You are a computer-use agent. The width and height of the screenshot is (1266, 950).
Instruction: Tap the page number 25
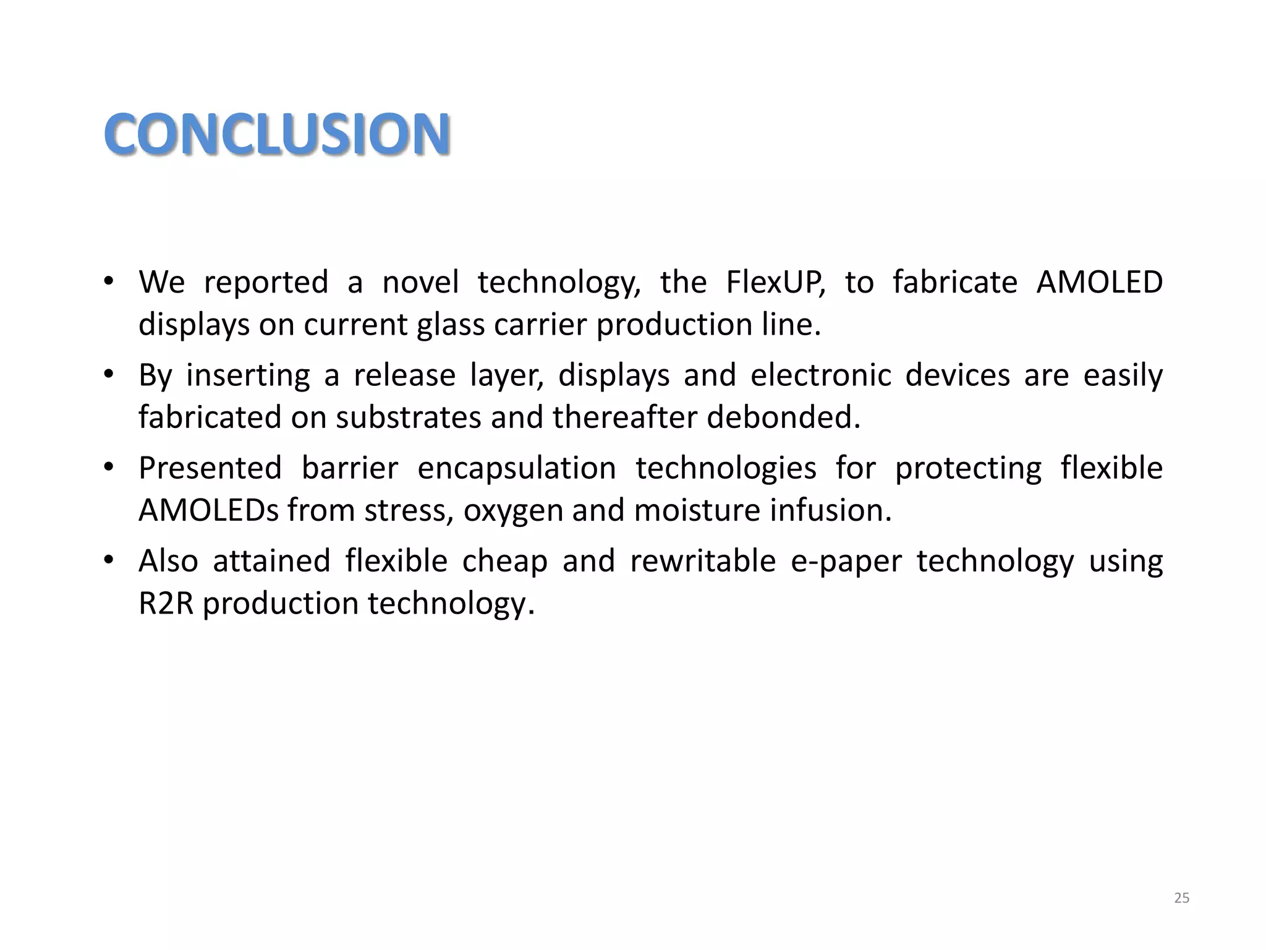click(x=1181, y=898)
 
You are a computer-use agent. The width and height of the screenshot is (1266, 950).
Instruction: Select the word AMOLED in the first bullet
click(x=1099, y=283)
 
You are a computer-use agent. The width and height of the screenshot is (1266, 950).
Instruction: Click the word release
click(x=404, y=375)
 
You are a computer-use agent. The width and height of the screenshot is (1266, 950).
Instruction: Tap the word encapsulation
click(x=517, y=468)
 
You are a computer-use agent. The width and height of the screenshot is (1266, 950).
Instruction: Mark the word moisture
click(x=697, y=510)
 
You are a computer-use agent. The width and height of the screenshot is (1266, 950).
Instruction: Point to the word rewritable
click(x=703, y=561)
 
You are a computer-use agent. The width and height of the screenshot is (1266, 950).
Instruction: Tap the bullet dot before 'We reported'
click(x=109, y=281)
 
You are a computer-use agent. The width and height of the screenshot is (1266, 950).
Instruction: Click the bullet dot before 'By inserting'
click(x=109, y=374)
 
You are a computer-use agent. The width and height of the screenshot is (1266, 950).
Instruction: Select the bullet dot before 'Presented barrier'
click(x=109, y=467)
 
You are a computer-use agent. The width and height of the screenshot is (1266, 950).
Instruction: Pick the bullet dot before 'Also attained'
click(x=109, y=560)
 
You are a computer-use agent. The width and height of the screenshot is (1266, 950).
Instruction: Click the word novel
click(x=420, y=283)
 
